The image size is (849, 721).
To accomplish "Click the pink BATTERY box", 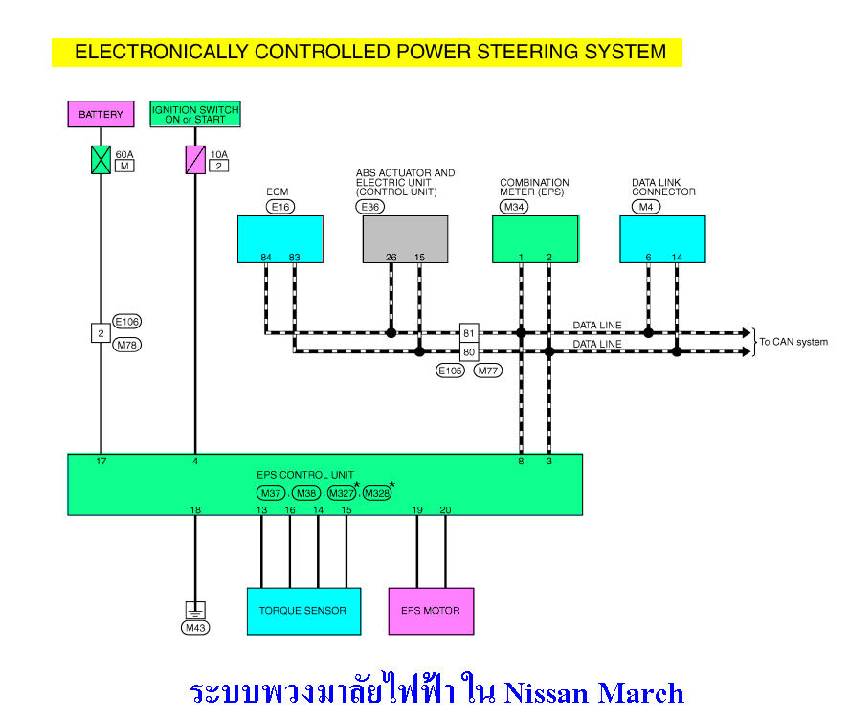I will [x=101, y=114].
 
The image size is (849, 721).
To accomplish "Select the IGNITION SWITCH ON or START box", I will [x=195, y=114].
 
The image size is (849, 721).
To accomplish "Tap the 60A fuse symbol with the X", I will [x=101, y=159].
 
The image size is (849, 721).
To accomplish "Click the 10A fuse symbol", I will [x=195, y=159].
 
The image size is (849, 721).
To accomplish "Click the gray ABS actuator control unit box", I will [x=405, y=238].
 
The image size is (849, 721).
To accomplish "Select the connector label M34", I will [x=513, y=206].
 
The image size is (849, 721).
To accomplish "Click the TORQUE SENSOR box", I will [x=302, y=610].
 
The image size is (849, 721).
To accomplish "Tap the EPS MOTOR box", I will [x=430, y=610].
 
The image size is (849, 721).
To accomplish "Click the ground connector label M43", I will [x=195, y=628].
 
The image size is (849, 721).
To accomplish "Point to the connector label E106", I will [x=126, y=322].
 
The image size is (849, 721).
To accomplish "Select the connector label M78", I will [x=126, y=344].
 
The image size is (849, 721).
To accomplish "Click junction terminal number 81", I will [x=469, y=332].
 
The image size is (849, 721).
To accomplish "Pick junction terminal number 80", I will [x=469, y=351].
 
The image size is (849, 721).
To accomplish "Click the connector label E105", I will [x=450, y=370].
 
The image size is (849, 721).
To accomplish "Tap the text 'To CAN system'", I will [x=793, y=342].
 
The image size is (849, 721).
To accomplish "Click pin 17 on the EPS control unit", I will [x=101, y=462].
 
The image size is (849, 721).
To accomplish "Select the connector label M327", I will [x=342, y=493].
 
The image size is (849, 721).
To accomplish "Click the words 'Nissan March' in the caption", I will [x=593, y=692].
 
